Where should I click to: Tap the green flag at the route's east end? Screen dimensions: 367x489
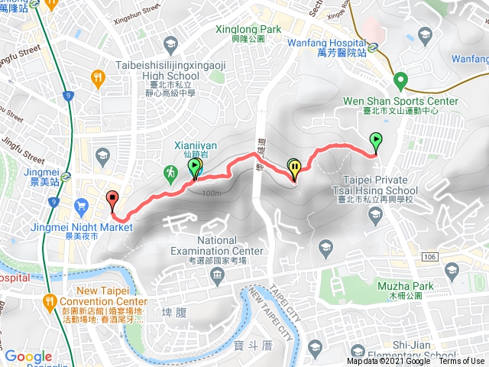(x=375, y=141)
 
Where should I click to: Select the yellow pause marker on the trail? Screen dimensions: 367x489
(x=294, y=167)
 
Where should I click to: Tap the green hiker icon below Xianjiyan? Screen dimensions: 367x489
(x=169, y=175)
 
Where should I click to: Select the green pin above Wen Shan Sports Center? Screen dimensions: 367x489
(x=400, y=80)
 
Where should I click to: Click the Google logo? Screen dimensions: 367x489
(x=28, y=356)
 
